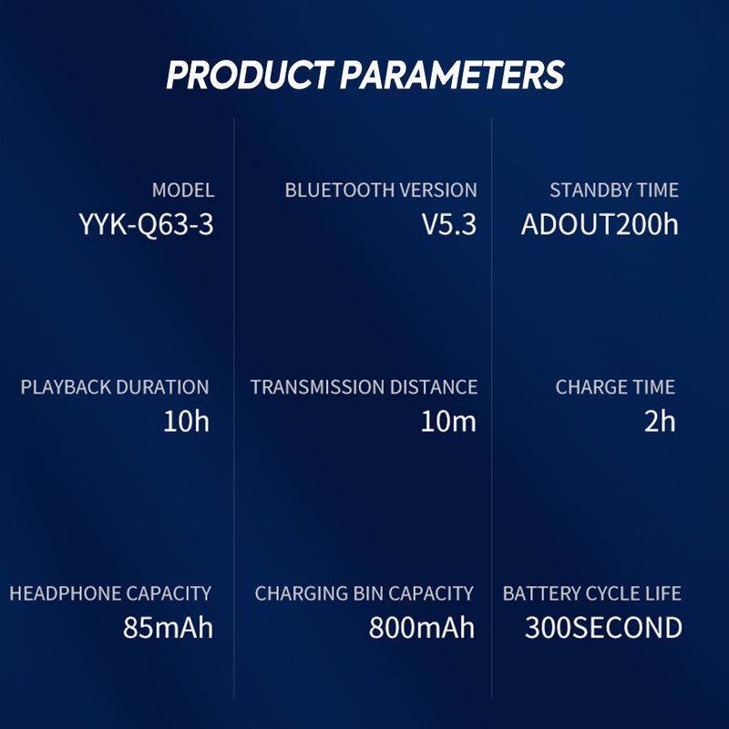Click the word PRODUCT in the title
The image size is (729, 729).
click(250, 75)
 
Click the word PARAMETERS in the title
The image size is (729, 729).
click(452, 75)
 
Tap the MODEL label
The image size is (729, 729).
click(183, 190)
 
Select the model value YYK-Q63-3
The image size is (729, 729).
click(146, 224)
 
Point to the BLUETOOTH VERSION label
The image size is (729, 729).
click(381, 190)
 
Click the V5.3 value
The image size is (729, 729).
click(449, 224)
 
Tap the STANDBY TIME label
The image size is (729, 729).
click(614, 190)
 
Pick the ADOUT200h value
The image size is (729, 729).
click(600, 224)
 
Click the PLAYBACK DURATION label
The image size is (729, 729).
click(115, 386)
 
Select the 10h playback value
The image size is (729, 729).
click(186, 421)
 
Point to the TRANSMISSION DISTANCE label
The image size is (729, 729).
click(364, 386)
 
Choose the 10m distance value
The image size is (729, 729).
click(448, 421)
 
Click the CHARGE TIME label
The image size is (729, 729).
click(615, 386)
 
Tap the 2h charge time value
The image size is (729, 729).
click(659, 421)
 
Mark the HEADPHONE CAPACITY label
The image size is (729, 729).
click(110, 593)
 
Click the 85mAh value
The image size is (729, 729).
click(168, 628)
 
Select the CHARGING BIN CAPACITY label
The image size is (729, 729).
click(364, 593)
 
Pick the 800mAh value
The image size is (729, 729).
click(422, 628)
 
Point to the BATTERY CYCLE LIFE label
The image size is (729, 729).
click(591, 593)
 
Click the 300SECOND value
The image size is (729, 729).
click(603, 628)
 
